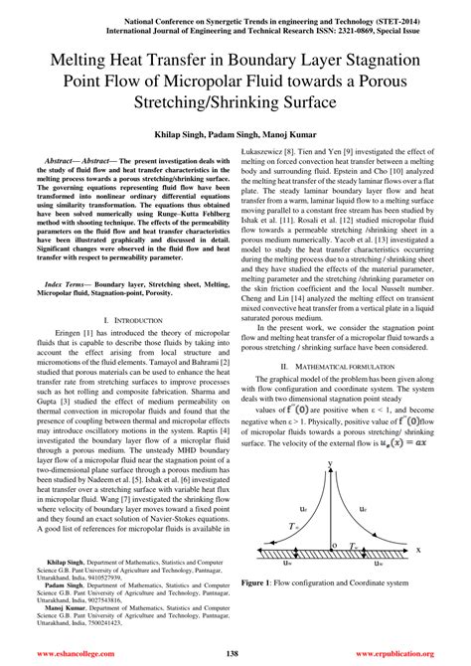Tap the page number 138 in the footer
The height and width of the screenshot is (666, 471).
[x=235, y=653]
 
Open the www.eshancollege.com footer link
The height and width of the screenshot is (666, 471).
[x=79, y=653]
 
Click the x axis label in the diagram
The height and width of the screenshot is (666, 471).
[x=418, y=550]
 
